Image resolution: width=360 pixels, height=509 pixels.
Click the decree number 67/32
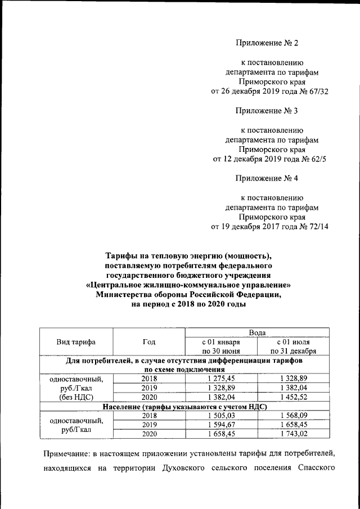pos(317,92)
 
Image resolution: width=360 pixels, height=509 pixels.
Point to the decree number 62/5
pos(316,159)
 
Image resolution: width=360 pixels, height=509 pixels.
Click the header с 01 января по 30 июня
pos(221,346)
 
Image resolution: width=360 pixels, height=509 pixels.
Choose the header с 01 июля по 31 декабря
pos(293,346)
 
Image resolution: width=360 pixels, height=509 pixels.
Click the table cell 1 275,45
pos(221,379)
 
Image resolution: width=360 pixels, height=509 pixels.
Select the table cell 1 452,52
pos(293,397)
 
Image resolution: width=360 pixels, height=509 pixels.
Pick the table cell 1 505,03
pos(221,415)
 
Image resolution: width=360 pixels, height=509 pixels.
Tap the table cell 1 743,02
pos(293,434)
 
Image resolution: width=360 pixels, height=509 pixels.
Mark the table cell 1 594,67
pos(221,425)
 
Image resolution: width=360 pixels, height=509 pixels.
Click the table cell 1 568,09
pos(293,415)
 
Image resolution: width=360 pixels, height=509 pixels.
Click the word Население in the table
pos(121,406)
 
